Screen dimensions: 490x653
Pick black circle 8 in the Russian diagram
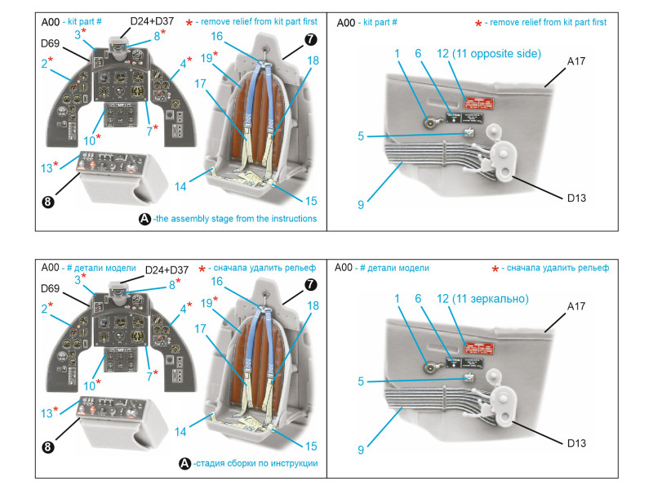coord(48,448)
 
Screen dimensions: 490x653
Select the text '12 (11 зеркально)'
coord(482,299)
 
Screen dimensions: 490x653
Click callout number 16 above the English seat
coord(217,37)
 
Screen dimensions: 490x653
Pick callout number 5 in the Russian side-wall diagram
coord(361,381)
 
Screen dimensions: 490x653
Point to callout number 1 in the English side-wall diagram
coord(397,53)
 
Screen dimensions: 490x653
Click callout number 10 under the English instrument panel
coord(90,138)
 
